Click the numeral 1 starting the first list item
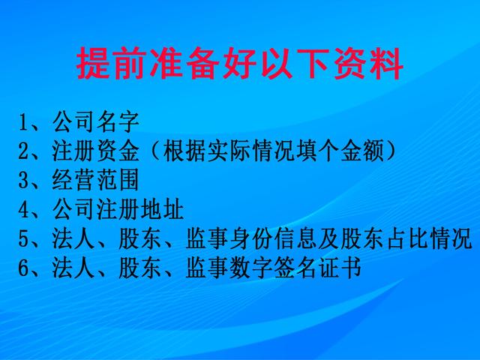23,122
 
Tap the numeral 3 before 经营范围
23,180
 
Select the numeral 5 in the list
23,238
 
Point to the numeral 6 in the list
23,268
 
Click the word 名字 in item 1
118,122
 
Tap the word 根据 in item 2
184,151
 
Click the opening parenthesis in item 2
155,151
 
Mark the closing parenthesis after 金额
391,151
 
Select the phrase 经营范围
95,180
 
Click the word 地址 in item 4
162,209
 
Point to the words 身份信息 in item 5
273,238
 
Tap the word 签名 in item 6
295,268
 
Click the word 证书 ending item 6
340,268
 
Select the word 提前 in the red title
110,63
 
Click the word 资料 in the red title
368,63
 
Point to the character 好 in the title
239,63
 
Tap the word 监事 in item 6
207,268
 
